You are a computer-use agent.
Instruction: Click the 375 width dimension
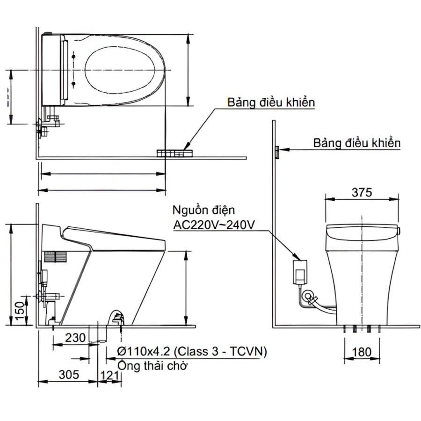click(x=362, y=192)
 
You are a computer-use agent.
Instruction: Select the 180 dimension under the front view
click(x=362, y=351)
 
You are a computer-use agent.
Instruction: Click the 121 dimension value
click(x=109, y=374)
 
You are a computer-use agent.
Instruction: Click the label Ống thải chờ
click(x=152, y=365)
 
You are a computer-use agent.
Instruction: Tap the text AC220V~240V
click(x=214, y=225)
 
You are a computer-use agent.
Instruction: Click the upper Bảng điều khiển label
click(x=270, y=103)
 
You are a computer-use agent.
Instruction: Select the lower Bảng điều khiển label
click(x=357, y=143)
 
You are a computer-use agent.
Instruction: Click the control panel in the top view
click(x=174, y=153)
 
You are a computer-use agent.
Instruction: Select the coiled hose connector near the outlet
click(x=309, y=296)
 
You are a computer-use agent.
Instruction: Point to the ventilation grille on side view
click(x=56, y=255)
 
